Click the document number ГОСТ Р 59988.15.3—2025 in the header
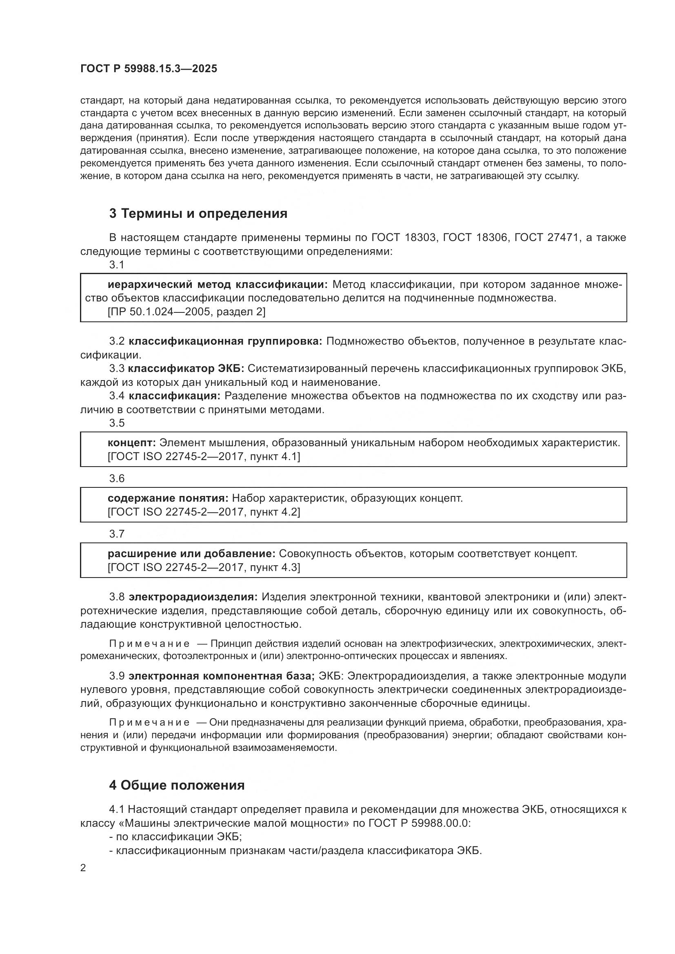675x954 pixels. click(x=149, y=69)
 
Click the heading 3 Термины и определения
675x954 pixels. click(x=198, y=214)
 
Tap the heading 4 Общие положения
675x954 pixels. click(x=177, y=785)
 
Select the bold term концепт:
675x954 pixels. click(x=131, y=443)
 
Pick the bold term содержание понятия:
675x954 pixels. click(x=168, y=498)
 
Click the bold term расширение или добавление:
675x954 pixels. click(x=191, y=553)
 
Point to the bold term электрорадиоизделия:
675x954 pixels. click(x=193, y=597)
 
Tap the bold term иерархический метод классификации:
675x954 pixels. click(x=218, y=285)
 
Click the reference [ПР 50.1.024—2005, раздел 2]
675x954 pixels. click(x=186, y=312)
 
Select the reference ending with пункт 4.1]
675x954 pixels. click(x=204, y=456)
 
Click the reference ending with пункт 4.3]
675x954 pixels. click(x=204, y=567)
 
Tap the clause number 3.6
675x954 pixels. click(x=117, y=478)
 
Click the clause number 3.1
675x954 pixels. click(x=117, y=265)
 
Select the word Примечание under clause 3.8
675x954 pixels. click(x=149, y=644)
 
